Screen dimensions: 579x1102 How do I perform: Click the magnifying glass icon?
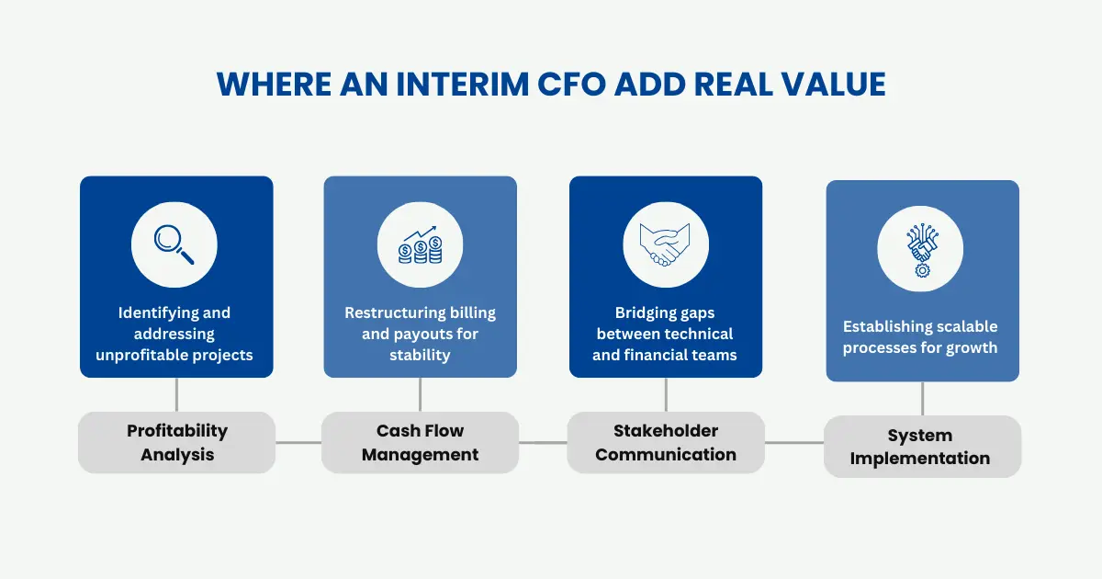174,244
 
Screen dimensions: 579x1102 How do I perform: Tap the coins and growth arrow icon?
420,244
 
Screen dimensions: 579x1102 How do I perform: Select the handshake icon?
666,244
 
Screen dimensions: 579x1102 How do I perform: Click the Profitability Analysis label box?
177,442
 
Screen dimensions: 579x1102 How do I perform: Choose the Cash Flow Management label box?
420,442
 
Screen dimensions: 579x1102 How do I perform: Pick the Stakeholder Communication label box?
666,442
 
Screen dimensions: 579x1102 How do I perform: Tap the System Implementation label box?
920,447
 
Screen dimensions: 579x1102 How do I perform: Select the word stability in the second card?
420,355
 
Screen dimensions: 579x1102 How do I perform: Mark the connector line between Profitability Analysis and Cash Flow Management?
298,442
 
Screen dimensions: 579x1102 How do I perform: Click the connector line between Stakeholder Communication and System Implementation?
794,443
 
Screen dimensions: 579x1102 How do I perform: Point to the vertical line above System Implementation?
922,399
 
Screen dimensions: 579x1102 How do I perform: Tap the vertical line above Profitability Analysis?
176,394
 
